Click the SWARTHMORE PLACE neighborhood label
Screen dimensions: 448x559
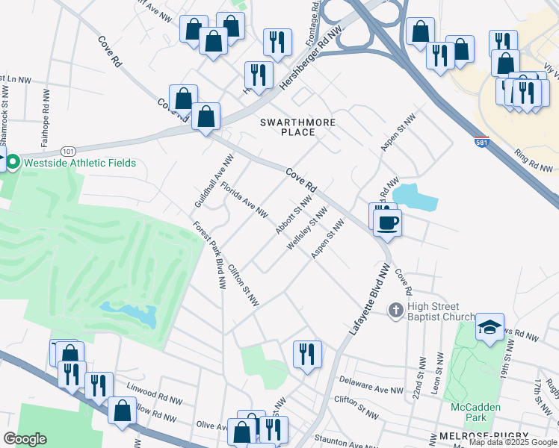click(297, 127)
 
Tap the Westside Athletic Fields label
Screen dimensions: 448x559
click(80, 163)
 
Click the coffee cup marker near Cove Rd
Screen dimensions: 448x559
click(387, 223)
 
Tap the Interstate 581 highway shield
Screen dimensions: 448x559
click(481, 140)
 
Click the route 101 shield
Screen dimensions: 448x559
click(69, 151)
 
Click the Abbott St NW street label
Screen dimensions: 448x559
click(293, 215)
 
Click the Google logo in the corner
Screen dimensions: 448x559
click(25, 439)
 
